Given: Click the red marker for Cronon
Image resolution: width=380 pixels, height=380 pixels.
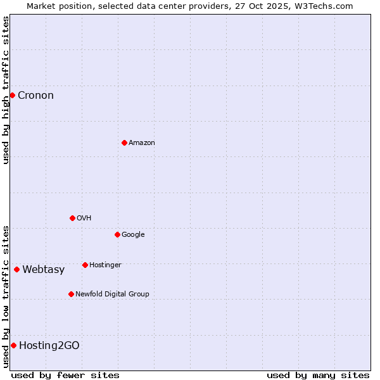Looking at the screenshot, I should tap(12, 95).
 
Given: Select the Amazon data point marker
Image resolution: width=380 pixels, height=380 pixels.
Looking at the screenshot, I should tap(124, 142).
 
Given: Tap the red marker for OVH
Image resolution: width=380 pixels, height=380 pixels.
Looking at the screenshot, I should tap(72, 218).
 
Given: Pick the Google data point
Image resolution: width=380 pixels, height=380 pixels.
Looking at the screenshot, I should tap(117, 234).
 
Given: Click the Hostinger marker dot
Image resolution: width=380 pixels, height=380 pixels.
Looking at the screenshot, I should tap(85, 265).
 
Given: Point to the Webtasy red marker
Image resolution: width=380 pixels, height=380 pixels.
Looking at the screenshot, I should tap(16, 269).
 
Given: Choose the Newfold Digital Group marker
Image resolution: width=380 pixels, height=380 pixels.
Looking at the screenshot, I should tap(71, 294).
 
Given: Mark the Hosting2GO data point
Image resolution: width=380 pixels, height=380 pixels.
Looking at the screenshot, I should tap(13, 345).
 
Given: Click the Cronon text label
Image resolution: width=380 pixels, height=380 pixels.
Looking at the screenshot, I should tap(35, 96).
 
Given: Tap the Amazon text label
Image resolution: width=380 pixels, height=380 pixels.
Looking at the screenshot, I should tap(141, 143).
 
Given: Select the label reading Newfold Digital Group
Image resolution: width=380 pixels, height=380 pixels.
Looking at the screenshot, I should tap(112, 294).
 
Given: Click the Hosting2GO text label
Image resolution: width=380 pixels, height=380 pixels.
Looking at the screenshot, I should tap(49, 345).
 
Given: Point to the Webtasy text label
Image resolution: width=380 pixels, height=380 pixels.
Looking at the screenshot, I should tap(43, 270).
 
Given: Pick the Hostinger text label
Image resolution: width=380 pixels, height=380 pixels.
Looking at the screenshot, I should tap(105, 265).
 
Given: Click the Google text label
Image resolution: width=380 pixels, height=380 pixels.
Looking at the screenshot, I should tap(133, 235).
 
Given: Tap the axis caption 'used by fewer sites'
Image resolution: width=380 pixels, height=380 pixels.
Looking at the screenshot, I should tap(65, 375).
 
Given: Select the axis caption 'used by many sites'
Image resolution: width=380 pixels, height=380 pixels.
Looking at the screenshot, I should tap(318, 375).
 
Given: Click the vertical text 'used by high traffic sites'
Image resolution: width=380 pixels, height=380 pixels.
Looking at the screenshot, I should tap(6, 90).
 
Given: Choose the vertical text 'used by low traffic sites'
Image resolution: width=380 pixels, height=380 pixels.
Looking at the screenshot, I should tap(6, 296).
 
